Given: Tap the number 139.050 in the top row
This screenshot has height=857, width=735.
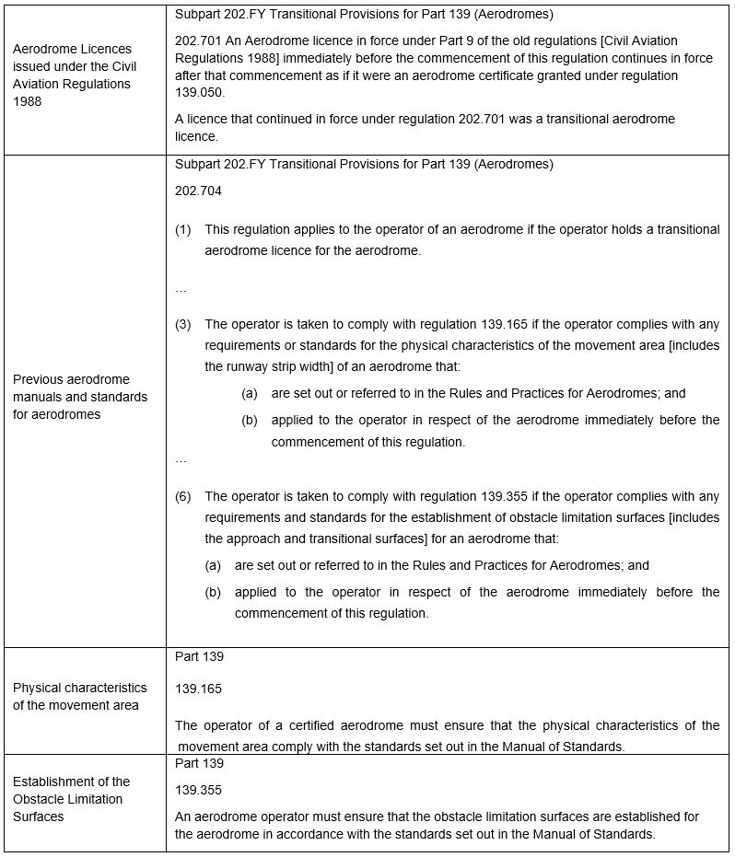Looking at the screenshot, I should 198,93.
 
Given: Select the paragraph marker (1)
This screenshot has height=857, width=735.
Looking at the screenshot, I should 183,229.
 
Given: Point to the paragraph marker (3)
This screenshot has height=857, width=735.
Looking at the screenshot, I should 183,324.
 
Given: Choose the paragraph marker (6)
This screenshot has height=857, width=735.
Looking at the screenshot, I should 183,496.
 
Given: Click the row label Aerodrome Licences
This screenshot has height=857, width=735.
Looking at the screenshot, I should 72,48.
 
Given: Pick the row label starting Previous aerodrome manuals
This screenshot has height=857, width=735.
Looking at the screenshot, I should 79,397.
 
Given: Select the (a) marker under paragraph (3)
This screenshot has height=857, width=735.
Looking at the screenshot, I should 249,393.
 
